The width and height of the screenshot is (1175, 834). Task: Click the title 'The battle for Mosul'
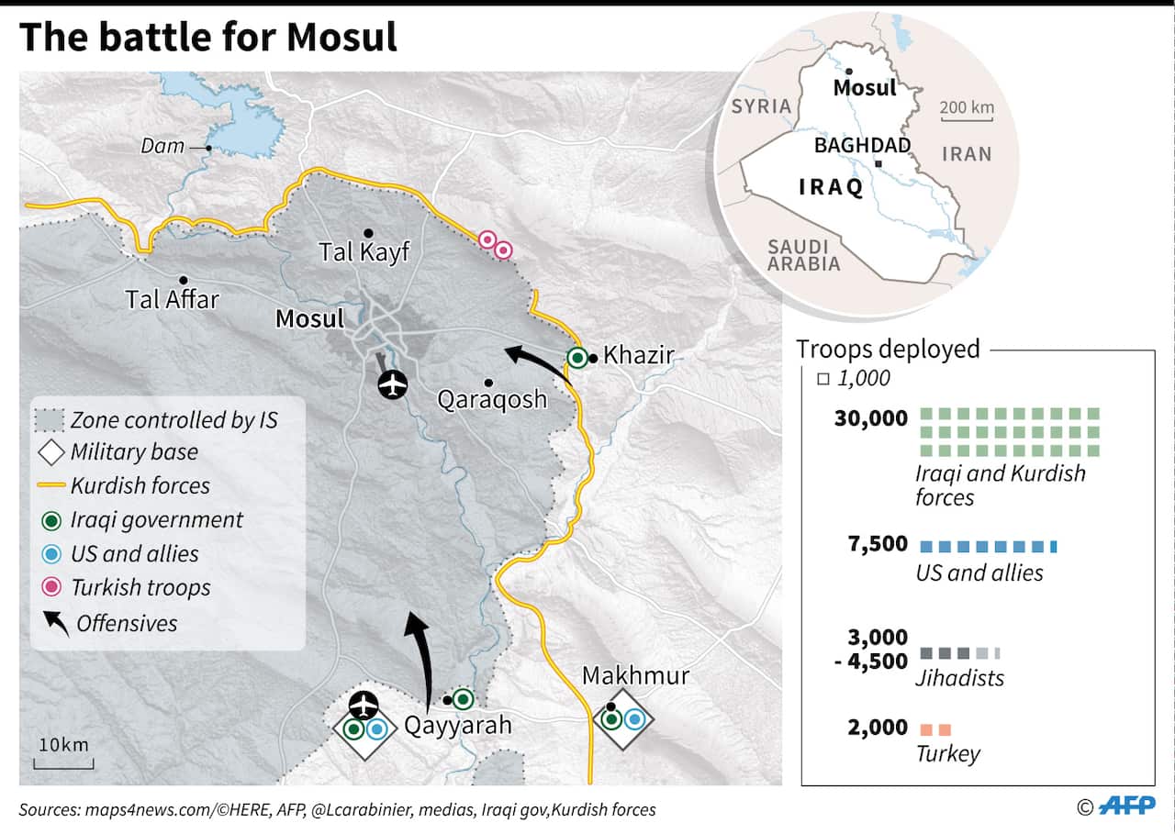pyautogui.click(x=208, y=37)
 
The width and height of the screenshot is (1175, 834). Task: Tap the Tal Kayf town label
pyautogui.click(x=364, y=251)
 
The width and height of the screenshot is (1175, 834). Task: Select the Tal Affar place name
pyautogui.click(x=173, y=298)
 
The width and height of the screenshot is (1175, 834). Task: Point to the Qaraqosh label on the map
pyautogui.click(x=492, y=399)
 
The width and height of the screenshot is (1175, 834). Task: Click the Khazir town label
pyautogui.click(x=639, y=355)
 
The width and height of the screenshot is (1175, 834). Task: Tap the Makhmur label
pyautogui.click(x=635, y=677)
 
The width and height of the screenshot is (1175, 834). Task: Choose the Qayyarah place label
pyautogui.click(x=458, y=726)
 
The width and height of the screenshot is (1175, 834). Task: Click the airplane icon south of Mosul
pyautogui.click(x=394, y=385)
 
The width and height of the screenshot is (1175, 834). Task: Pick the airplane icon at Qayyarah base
pyautogui.click(x=364, y=705)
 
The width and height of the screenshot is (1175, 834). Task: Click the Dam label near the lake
pyautogui.click(x=162, y=146)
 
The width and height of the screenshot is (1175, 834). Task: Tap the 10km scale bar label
pyautogui.click(x=63, y=743)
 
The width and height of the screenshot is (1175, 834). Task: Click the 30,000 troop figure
pyautogui.click(x=870, y=418)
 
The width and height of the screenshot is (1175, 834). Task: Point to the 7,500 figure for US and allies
pyautogui.click(x=878, y=545)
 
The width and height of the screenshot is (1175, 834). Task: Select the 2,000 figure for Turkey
pyautogui.click(x=878, y=728)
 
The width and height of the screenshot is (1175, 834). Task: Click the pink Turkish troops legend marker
pyautogui.click(x=52, y=587)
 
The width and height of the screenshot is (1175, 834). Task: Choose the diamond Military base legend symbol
pyautogui.click(x=52, y=451)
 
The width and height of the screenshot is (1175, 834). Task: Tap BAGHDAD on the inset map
pyautogui.click(x=862, y=145)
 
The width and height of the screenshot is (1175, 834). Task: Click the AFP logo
pyautogui.click(x=1128, y=806)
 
